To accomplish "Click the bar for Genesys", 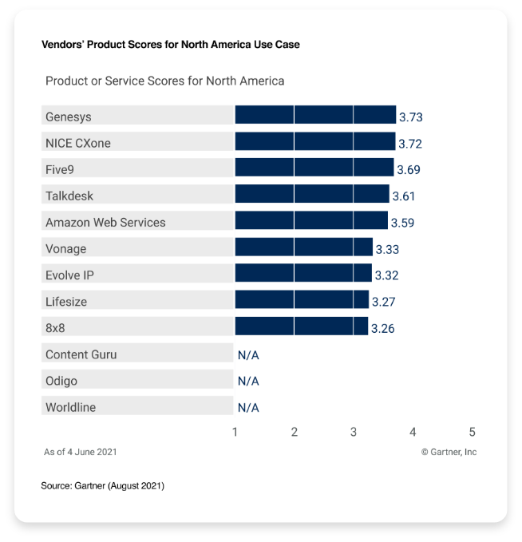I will click(x=315, y=116).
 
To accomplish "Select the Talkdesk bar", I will click(x=312, y=195).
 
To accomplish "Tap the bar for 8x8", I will click(x=301, y=326).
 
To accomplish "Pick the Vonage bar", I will click(x=303, y=247).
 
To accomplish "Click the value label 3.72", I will click(x=410, y=144).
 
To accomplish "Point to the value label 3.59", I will click(x=402, y=222).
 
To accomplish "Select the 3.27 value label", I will click(x=384, y=301).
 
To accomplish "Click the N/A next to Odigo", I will click(x=248, y=381).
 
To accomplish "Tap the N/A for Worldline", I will click(x=248, y=407).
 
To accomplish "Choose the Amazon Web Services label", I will click(x=105, y=222).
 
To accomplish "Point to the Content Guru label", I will click(x=81, y=354).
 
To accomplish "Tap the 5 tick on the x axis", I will click(x=472, y=432).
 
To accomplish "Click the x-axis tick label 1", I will click(x=235, y=432).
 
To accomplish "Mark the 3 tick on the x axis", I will click(x=354, y=432).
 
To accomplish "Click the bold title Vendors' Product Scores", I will click(x=170, y=45).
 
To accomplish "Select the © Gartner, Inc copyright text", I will click(x=449, y=452).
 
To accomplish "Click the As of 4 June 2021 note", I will click(x=80, y=452).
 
